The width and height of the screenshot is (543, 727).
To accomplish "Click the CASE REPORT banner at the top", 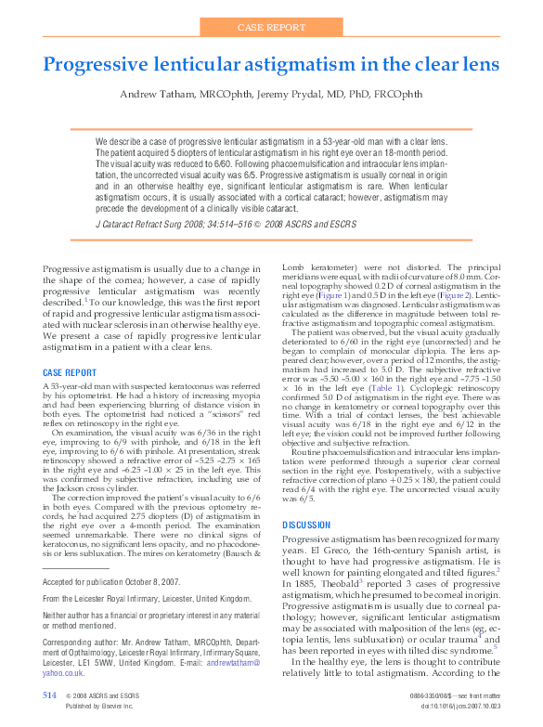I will pos(271,28).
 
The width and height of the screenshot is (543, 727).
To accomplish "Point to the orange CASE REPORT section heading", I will pos(70,372).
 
